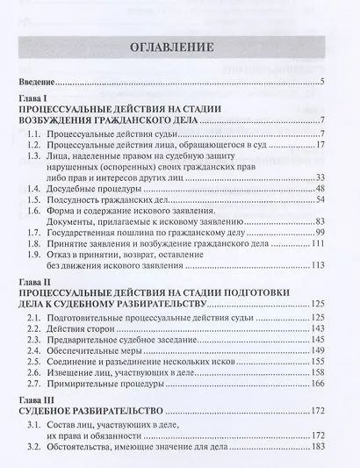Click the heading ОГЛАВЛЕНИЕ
point(180,47)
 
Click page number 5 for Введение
point(322,83)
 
